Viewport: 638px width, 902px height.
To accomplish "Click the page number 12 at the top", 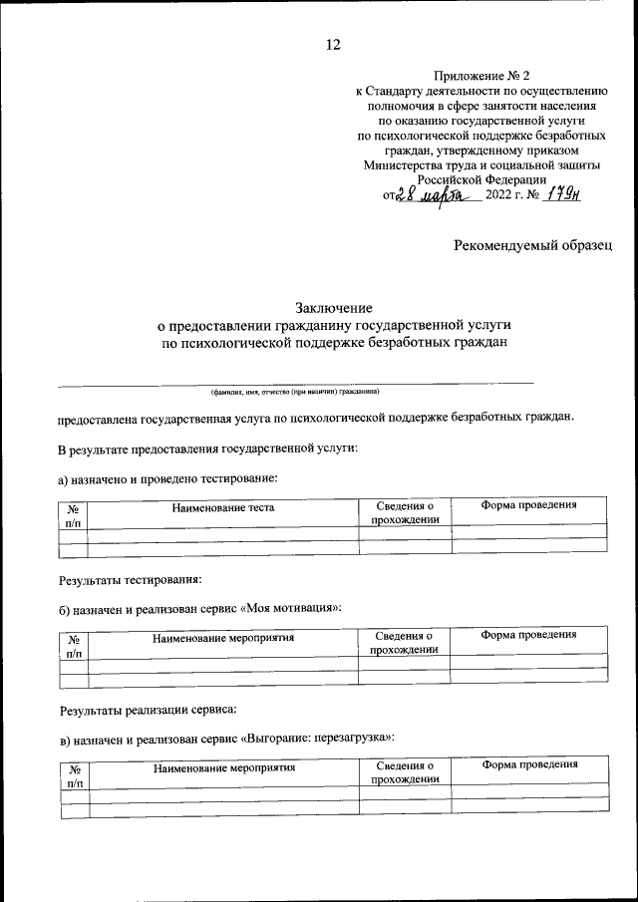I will pos(333,44).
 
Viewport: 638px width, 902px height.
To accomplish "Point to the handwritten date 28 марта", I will pos(435,195).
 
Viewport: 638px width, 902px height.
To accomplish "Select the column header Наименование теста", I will pos(222,508).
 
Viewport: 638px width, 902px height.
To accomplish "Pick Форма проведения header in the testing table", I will pos(528,505).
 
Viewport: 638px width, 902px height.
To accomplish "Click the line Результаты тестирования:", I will pos(131,578).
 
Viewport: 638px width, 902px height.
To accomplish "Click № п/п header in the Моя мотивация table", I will pos(74,647).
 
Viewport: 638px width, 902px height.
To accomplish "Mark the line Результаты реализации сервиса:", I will pos(148,710).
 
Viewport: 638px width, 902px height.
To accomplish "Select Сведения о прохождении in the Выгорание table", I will pos(404,772).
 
